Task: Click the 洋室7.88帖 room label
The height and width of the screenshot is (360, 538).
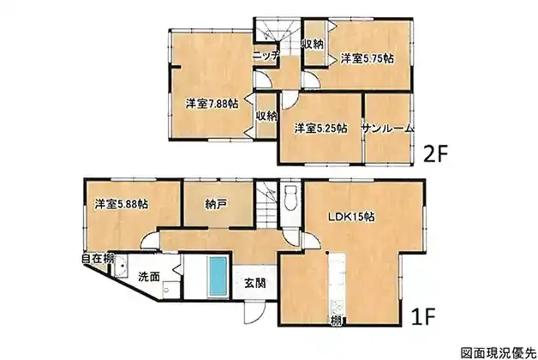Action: pyautogui.click(x=212, y=104)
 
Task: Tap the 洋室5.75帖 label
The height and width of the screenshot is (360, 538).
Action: pyautogui.click(x=368, y=58)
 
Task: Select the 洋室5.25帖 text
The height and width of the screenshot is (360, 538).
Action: pyautogui.click(x=320, y=129)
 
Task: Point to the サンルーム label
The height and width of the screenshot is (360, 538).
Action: pyautogui.click(x=388, y=129)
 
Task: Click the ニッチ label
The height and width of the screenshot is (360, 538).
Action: pyautogui.click(x=266, y=56)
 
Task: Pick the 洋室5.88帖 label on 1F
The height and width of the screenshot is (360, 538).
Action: pyautogui.click(x=122, y=205)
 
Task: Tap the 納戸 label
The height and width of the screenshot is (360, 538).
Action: pyautogui.click(x=216, y=205)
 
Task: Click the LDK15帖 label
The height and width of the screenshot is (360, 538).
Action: pyautogui.click(x=351, y=217)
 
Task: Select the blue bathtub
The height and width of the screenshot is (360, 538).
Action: pyautogui.click(x=218, y=276)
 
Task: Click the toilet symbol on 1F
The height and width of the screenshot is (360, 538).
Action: pyautogui.click(x=291, y=196)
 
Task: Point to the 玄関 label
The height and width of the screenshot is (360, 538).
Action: pyautogui.click(x=255, y=283)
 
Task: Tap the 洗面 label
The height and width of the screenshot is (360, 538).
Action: pyautogui.click(x=149, y=277)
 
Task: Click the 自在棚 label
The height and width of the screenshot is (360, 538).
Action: pyautogui.click(x=98, y=259)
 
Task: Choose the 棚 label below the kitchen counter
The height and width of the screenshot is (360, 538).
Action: pyautogui.click(x=336, y=321)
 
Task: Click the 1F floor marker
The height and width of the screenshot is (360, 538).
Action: pyautogui.click(x=423, y=316)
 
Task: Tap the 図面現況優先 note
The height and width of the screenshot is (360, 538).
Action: pyautogui.click(x=499, y=352)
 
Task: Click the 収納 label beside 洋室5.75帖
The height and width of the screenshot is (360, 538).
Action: pyautogui.click(x=313, y=45)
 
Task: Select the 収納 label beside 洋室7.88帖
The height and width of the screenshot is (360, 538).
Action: pyautogui.click(x=266, y=116)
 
